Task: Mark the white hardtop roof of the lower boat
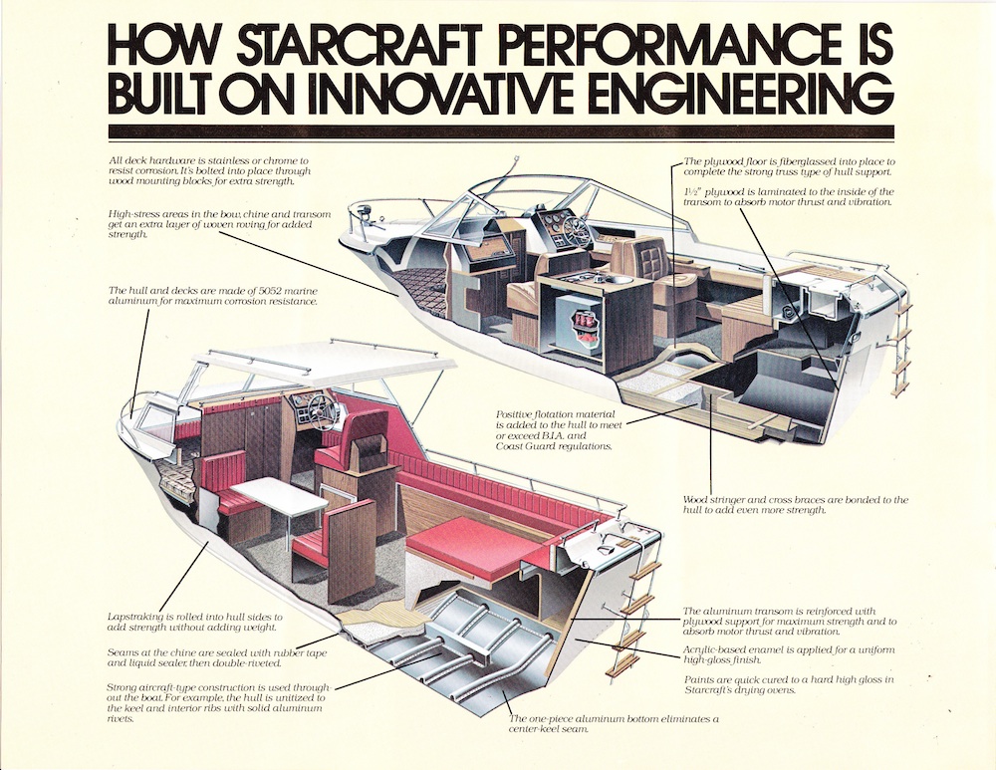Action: [x=318, y=365]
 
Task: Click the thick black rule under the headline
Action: [x=501, y=131]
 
